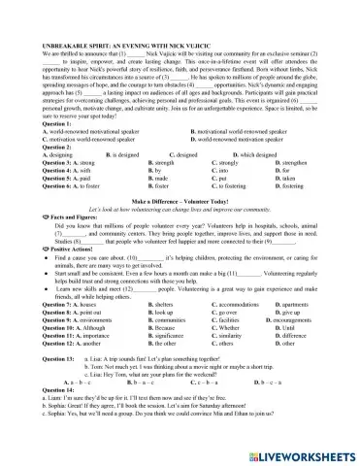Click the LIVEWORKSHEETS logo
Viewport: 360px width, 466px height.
[301, 453]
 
